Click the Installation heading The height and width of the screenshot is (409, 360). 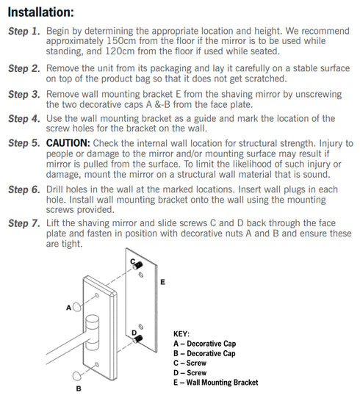[40, 12]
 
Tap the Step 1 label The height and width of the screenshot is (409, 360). [24, 31]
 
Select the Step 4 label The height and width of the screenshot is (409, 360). [24, 119]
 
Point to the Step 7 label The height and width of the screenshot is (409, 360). [24, 223]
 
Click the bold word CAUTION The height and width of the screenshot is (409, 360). [68, 143]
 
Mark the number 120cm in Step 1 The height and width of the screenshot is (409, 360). [120, 51]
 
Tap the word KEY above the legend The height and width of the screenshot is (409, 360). [181, 334]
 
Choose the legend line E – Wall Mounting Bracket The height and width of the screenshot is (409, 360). [216, 383]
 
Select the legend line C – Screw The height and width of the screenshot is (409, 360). [190, 363]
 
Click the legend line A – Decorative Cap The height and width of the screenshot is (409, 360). [205, 344]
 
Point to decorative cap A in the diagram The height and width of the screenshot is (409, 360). [76, 307]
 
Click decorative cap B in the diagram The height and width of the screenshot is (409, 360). [76, 376]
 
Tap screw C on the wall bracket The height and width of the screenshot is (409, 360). [137, 265]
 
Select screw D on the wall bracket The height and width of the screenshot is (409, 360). [137, 339]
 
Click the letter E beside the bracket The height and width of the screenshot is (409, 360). [162, 282]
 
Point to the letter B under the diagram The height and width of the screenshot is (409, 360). [79, 388]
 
